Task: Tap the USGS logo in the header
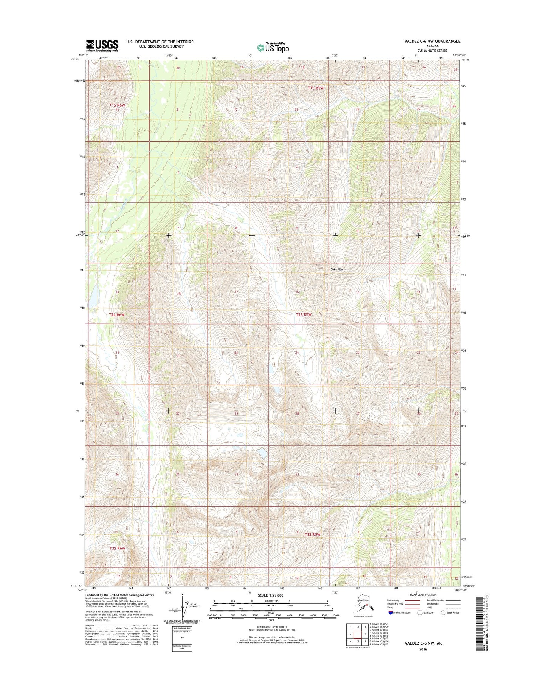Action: (x=102, y=46)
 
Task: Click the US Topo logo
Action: (x=273, y=48)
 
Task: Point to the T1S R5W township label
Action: (x=316, y=88)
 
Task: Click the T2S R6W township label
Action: (x=116, y=314)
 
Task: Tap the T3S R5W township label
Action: (x=312, y=534)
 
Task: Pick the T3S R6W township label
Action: (x=117, y=548)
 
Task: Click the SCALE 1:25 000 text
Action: (x=270, y=595)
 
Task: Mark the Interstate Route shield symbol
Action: (x=390, y=612)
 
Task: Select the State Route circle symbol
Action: (x=443, y=612)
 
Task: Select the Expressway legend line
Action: (x=412, y=600)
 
